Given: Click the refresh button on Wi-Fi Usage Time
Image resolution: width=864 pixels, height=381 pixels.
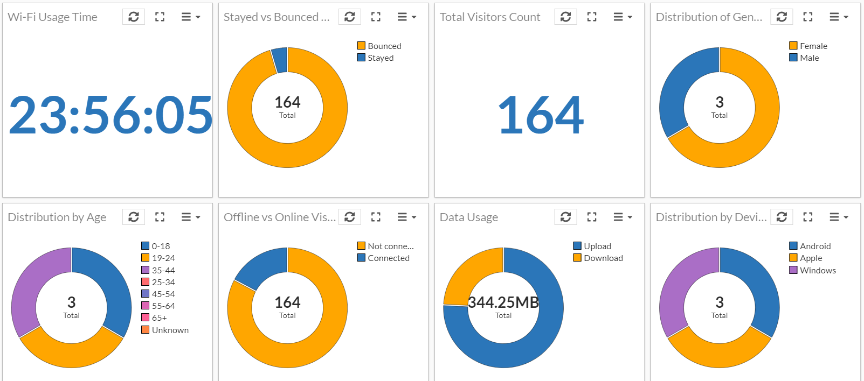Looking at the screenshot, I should [134, 17].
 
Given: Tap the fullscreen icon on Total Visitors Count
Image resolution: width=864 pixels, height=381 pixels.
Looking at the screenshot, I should [592, 17].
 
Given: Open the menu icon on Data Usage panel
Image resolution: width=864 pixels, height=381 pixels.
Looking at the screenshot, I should [623, 217].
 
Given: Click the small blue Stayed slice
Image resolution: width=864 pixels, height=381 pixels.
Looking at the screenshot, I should [280, 60].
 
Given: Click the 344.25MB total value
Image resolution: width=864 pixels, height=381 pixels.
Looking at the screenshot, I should [503, 303].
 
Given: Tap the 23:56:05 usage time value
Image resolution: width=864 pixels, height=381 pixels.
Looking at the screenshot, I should [110, 115].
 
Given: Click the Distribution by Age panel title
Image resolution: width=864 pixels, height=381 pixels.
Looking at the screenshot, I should [57, 217].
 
